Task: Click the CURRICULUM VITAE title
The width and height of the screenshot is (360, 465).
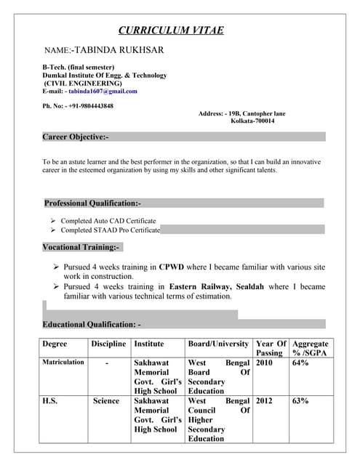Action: pyautogui.click(x=171, y=30)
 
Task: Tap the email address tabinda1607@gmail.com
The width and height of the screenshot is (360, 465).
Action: pyautogui.click(x=102, y=92)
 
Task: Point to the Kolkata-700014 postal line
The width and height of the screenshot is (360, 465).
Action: pyautogui.click(x=252, y=121)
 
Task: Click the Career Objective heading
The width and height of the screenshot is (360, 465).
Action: pyautogui.click(x=76, y=137)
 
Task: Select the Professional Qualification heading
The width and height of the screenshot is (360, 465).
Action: pyautogui.click(x=92, y=203)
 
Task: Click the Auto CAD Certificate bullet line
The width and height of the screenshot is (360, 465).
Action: pyautogui.click(x=108, y=220)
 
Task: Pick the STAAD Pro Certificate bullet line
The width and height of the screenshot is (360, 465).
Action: pyautogui.click(x=110, y=230)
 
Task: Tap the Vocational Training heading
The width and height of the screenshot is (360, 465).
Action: pyautogui.click(x=81, y=247)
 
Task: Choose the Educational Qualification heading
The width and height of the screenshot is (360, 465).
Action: pyautogui.click(x=92, y=324)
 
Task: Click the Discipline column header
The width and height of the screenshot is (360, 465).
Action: pyautogui.click(x=108, y=344)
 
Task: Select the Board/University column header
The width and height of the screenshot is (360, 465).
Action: pyautogui.click(x=218, y=344)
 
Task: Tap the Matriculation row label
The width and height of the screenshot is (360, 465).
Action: pyautogui.click(x=63, y=362)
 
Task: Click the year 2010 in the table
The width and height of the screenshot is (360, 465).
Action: pyautogui.click(x=264, y=362)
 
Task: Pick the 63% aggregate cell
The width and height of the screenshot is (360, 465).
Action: pyautogui.click(x=300, y=400)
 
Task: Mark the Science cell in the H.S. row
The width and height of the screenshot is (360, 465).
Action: pyautogui.click(x=106, y=400)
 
